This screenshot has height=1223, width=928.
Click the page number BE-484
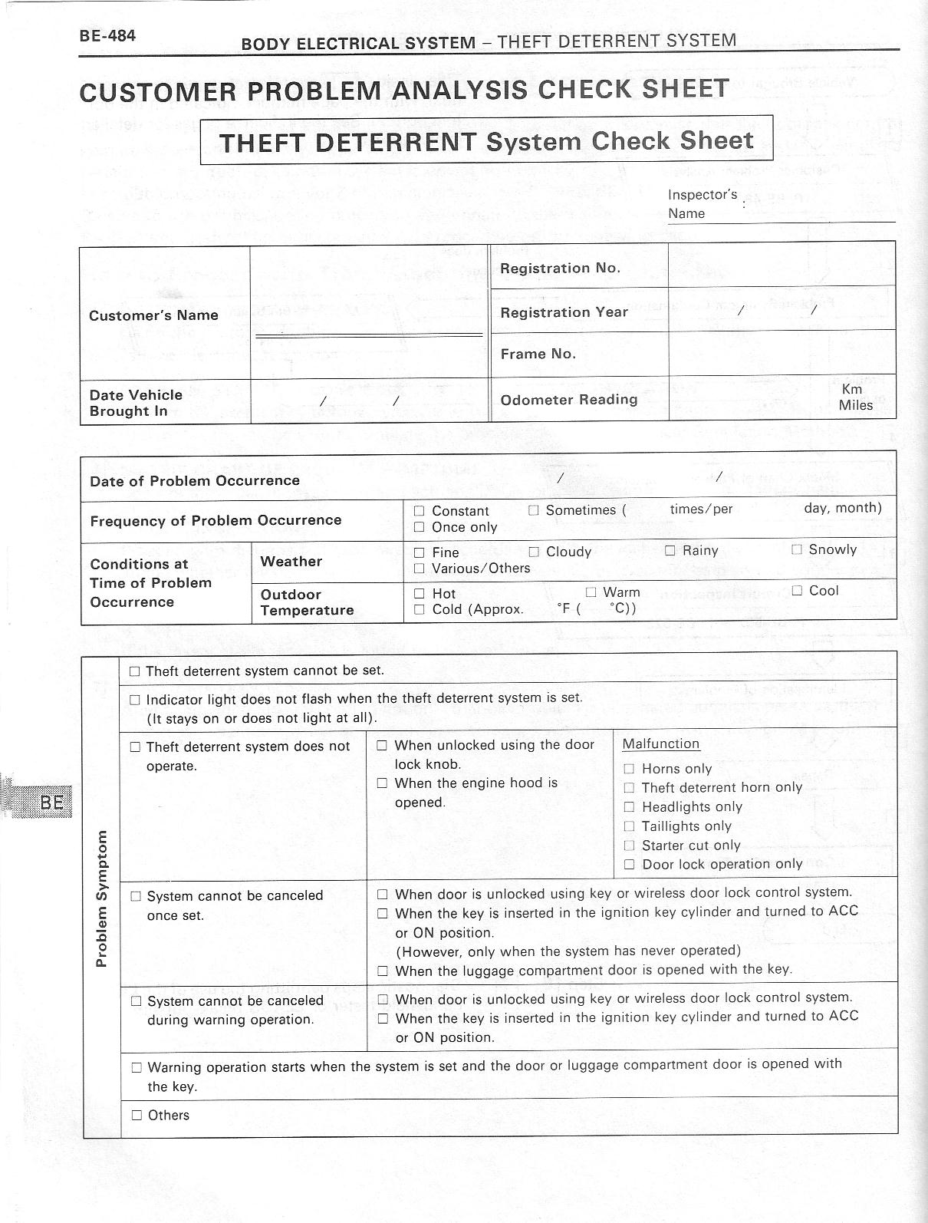tap(107, 35)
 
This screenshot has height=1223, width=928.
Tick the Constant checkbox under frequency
tap(419, 511)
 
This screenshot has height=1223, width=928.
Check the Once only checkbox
tap(419, 527)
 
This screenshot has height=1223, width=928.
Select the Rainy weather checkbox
tap(670, 551)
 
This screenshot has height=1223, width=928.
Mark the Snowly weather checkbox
tap(796, 549)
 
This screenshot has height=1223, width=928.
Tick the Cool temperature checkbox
tap(797, 591)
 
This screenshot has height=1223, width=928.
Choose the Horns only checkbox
tap(629, 769)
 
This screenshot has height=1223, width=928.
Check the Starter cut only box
tap(629, 846)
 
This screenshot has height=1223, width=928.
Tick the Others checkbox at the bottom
tap(137, 1116)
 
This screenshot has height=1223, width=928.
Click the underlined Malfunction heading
tap(661, 744)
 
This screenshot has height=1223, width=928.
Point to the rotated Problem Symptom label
tap(102, 898)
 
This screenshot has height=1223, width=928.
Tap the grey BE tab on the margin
tap(51, 803)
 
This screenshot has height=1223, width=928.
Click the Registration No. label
tap(560, 269)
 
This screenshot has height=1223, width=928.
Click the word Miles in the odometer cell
tap(856, 405)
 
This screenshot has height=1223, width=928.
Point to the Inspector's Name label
tap(702, 204)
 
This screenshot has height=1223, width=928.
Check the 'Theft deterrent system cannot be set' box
tap(135, 671)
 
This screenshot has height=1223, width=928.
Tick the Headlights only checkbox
tap(629, 807)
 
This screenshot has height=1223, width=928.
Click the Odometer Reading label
tap(568, 400)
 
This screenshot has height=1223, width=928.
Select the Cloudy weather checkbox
tap(534, 552)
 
